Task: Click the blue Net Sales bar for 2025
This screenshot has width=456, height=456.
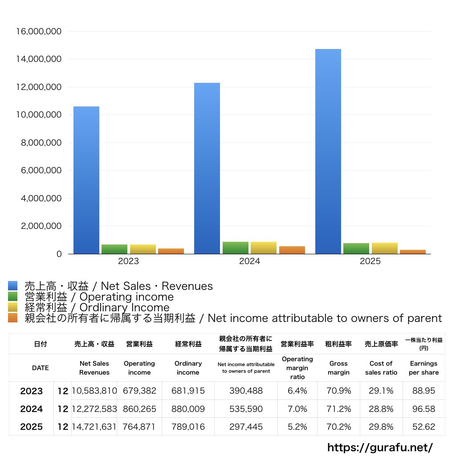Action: pyautogui.click(x=328, y=151)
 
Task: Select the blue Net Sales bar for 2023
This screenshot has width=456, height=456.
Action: pyautogui.click(x=86, y=180)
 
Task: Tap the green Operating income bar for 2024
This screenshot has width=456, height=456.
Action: pyautogui.click(x=235, y=248)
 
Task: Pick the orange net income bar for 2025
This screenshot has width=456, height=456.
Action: pyautogui.click(x=412, y=252)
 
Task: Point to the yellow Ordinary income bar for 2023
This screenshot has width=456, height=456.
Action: pyautogui.click(x=142, y=249)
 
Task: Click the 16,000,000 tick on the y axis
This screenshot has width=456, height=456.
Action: pyautogui.click(x=39, y=32)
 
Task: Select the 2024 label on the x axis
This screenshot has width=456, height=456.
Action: pyautogui.click(x=249, y=261)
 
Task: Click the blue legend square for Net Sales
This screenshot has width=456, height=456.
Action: pyautogui.click(x=12, y=286)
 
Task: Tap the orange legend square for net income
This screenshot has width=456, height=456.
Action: pyautogui.click(x=12, y=318)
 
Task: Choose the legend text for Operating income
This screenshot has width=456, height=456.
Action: pyautogui.click(x=99, y=297)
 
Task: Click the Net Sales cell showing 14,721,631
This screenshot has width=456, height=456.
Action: pyautogui.click(x=94, y=427)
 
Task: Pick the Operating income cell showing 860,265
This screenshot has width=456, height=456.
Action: pyautogui.click(x=139, y=409)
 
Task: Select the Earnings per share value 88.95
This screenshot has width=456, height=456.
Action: pyautogui.click(x=423, y=391)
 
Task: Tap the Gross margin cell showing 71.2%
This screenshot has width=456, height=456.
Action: pyautogui.click(x=338, y=409)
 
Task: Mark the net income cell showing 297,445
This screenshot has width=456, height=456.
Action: pyautogui.click(x=246, y=427)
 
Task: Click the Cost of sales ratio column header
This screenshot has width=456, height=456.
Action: pyautogui.click(x=381, y=368)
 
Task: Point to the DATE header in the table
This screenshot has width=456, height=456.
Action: pyautogui.click(x=41, y=368)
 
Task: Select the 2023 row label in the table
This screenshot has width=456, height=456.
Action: pyautogui.click(x=32, y=391)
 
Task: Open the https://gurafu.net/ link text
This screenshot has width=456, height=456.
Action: pyautogui.click(x=380, y=447)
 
